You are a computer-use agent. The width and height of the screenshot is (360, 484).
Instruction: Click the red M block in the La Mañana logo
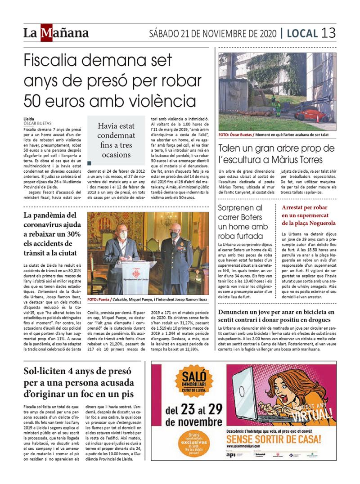(46, 33)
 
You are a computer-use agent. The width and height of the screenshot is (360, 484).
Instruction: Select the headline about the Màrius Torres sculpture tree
(277, 154)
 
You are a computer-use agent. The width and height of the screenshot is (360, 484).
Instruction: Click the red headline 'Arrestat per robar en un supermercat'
(309, 215)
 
